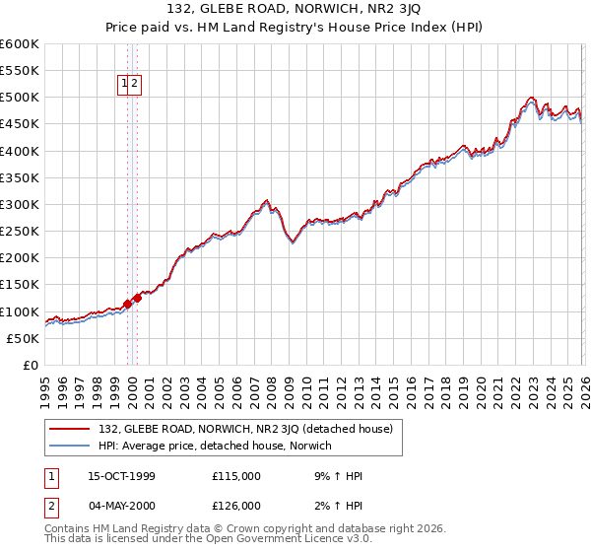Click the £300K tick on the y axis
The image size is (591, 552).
point(20,204)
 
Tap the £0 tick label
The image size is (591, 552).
point(31,365)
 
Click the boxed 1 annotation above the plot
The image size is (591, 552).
point(125,85)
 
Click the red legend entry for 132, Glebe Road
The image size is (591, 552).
point(246,429)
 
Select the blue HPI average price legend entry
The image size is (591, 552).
point(215,446)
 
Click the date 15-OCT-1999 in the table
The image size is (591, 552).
point(121,476)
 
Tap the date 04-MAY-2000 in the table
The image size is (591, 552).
point(121,507)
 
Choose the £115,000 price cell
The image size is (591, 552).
point(236,476)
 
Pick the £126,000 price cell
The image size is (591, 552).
point(236,507)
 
